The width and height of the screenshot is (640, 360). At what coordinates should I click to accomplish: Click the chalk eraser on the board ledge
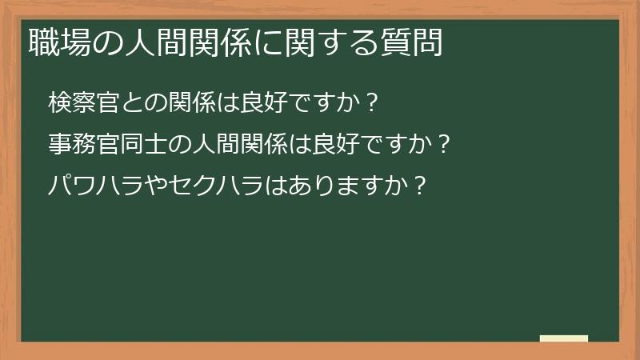[564, 339]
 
